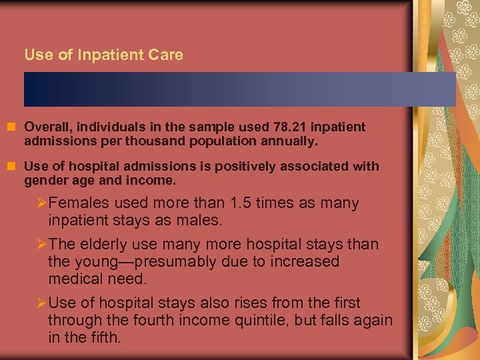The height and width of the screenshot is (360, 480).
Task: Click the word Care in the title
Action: coord(167,55)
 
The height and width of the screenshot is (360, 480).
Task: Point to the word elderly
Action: coord(103,245)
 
